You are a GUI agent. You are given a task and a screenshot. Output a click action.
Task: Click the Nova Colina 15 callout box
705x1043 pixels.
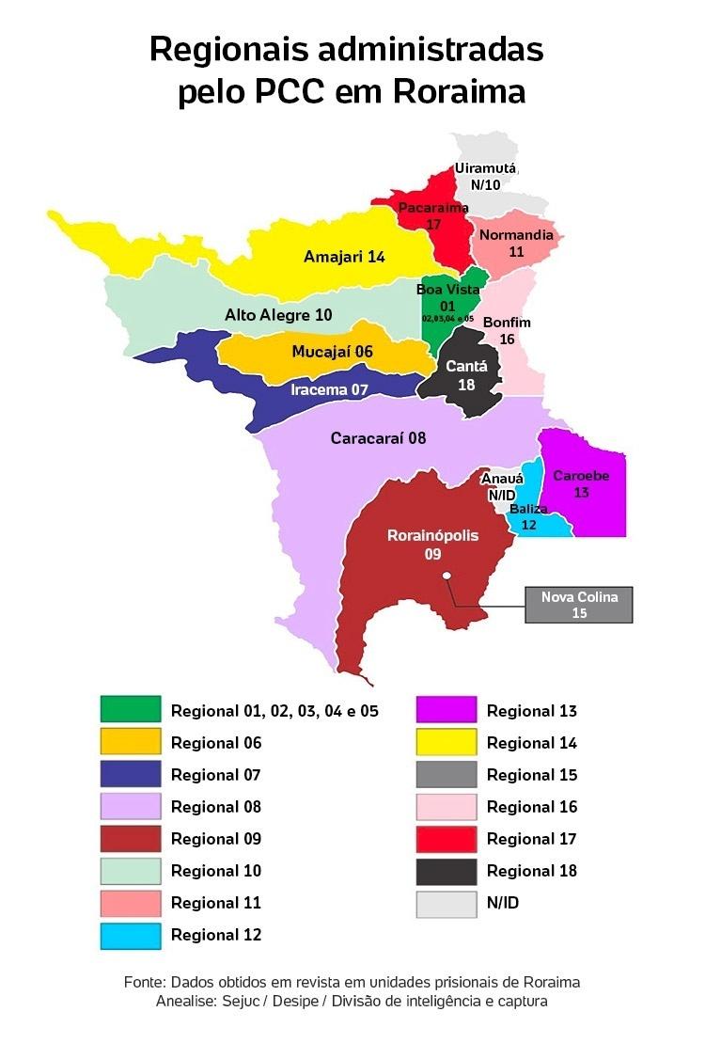pyautogui.click(x=578, y=605)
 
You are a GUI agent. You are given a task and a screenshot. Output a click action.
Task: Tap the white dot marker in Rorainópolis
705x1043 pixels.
pyautogui.click(x=447, y=577)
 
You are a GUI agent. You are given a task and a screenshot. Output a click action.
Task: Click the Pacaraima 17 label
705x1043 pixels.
pyautogui.click(x=433, y=215)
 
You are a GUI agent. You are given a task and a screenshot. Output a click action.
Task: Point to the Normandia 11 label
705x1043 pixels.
pyautogui.click(x=516, y=243)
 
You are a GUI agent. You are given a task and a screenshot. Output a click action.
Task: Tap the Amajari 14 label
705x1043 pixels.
pyautogui.click(x=344, y=257)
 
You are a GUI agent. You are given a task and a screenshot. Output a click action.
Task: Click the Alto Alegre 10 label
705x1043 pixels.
pyautogui.click(x=278, y=314)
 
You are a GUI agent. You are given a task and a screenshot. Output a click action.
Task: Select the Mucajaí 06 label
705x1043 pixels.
pyautogui.click(x=332, y=352)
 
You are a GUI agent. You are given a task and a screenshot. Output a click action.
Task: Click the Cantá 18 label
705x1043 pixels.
pyautogui.click(x=466, y=375)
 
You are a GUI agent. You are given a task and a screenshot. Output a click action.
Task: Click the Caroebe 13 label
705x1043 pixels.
pyautogui.click(x=581, y=483)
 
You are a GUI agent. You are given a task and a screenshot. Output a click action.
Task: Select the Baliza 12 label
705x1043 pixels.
pyautogui.click(x=528, y=516)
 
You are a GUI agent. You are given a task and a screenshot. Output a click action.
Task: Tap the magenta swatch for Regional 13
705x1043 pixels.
pyautogui.click(x=446, y=711)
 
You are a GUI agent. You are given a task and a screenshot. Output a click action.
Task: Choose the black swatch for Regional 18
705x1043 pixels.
pyautogui.click(x=446, y=871)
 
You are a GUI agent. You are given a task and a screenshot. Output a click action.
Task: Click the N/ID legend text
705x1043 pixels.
pyautogui.click(x=503, y=903)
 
